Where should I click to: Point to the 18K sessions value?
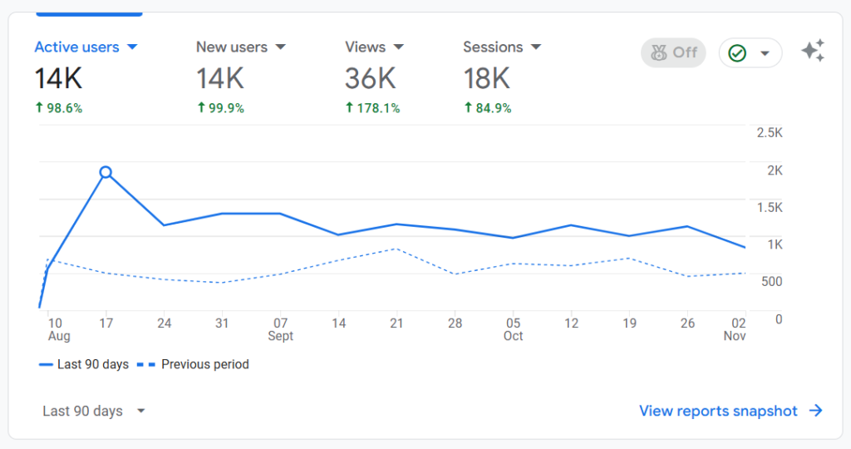[x=486, y=79]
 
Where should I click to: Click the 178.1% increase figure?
[x=372, y=108]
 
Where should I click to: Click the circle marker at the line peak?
[x=106, y=172]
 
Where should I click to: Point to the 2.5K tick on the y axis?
[x=770, y=133]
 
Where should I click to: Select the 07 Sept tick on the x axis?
[x=281, y=328]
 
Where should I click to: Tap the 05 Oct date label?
[x=513, y=328]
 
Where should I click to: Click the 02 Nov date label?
[x=735, y=328]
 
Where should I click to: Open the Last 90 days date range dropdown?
[x=94, y=411]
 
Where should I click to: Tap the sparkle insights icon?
[x=813, y=52]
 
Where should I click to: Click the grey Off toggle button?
[x=673, y=52]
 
